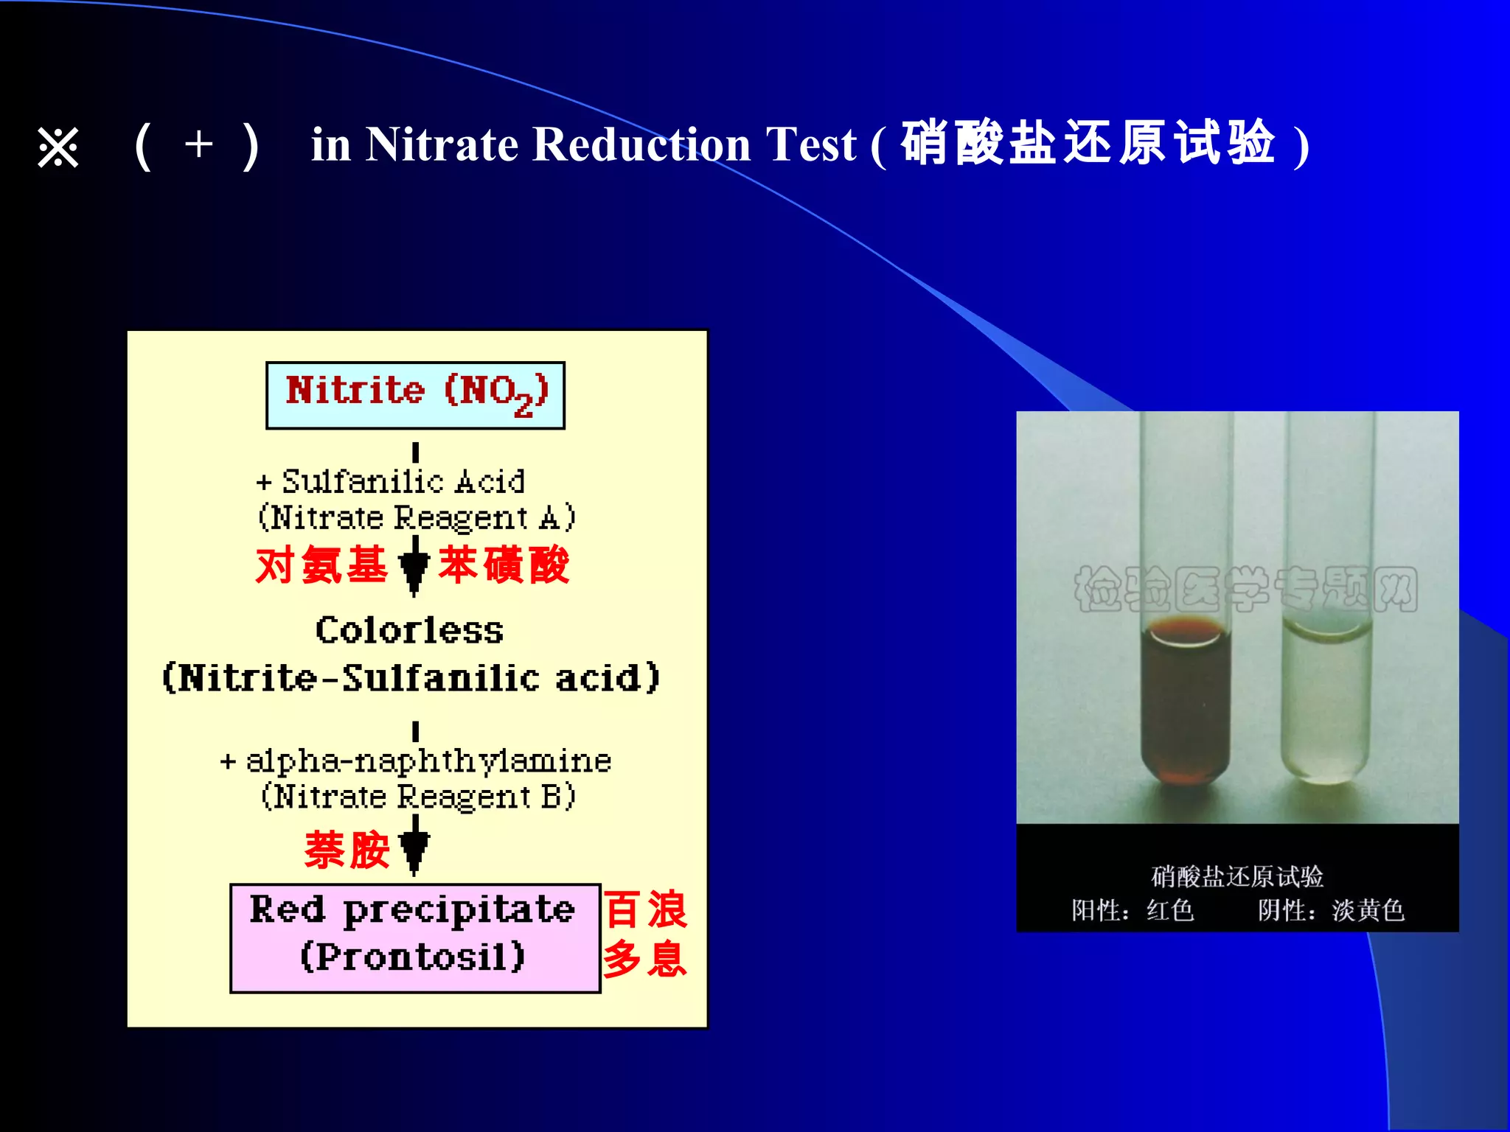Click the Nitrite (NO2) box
[415, 394]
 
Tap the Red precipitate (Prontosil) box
[415, 937]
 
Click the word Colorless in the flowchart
[410, 631]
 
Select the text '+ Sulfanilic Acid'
[391, 482]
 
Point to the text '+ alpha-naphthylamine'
[416, 761]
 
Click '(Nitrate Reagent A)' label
[417, 517]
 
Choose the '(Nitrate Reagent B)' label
[418, 797]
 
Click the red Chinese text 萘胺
[347, 850]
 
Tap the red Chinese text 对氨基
[321, 565]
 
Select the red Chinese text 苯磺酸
[504, 565]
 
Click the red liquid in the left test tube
[1186, 707]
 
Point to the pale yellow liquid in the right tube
[1326, 707]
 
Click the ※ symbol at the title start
[58, 147]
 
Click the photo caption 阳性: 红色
[1132, 911]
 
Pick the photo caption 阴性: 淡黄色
[1331, 911]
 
